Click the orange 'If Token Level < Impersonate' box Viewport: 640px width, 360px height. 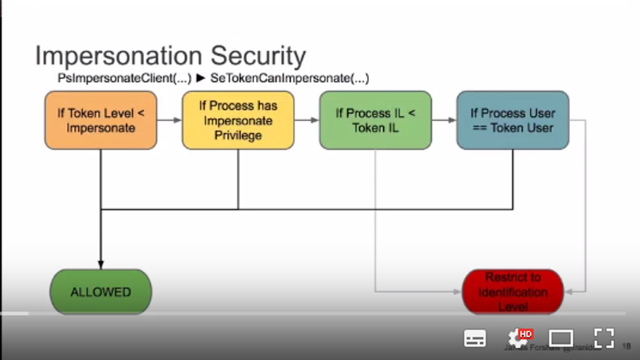(x=101, y=120)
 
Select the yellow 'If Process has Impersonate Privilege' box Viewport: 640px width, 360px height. (x=238, y=120)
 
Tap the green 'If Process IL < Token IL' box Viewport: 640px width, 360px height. (x=375, y=120)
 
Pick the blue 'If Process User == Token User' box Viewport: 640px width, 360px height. (x=512, y=120)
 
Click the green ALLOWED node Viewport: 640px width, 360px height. (x=101, y=292)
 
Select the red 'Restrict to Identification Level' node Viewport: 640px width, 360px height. (x=512, y=292)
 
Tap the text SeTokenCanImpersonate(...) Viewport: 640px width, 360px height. (x=290, y=78)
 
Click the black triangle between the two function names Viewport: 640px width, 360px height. (x=201, y=78)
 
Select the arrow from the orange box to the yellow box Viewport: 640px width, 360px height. (x=170, y=120)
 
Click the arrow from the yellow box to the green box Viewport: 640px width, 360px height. (x=307, y=120)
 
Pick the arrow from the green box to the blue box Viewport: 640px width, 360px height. (x=444, y=120)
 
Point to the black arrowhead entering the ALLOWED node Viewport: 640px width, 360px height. (x=101, y=264)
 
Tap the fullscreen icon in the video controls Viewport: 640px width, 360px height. (x=603, y=338)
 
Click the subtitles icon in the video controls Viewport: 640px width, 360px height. (x=475, y=338)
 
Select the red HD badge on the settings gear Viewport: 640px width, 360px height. (x=525, y=334)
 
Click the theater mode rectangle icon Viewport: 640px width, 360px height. (x=561, y=338)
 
